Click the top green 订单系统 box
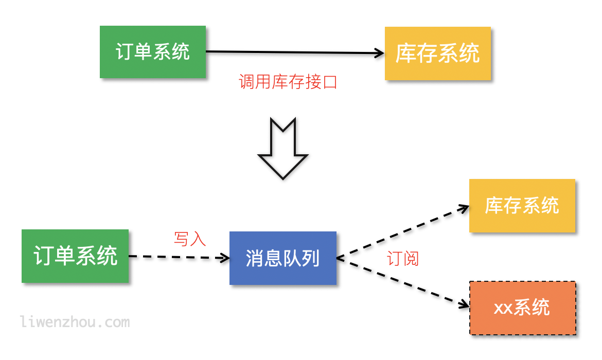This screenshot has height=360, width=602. [x=153, y=52]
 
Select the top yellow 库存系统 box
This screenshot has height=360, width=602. [x=437, y=53]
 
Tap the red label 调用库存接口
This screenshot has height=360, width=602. [x=288, y=82]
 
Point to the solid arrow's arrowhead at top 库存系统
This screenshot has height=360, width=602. [x=380, y=52]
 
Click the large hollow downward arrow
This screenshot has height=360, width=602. [x=283, y=149]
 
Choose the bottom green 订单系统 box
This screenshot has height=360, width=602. [x=75, y=256]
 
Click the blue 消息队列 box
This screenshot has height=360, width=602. [x=282, y=258]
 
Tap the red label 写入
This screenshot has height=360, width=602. [x=190, y=239]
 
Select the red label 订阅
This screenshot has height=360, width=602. [x=403, y=258]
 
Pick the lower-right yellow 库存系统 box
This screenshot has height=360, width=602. [x=522, y=206]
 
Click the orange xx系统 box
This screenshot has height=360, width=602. [x=522, y=308]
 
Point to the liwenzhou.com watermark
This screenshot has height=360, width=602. [x=75, y=322]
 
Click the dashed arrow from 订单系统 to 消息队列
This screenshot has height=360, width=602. [x=175, y=257]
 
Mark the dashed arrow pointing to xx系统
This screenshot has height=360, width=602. [x=401, y=284]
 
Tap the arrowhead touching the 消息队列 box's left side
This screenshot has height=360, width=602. [x=225, y=257]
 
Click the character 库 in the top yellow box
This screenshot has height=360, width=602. [x=405, y=53]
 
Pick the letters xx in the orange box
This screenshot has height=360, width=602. [x=503, y=308]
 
